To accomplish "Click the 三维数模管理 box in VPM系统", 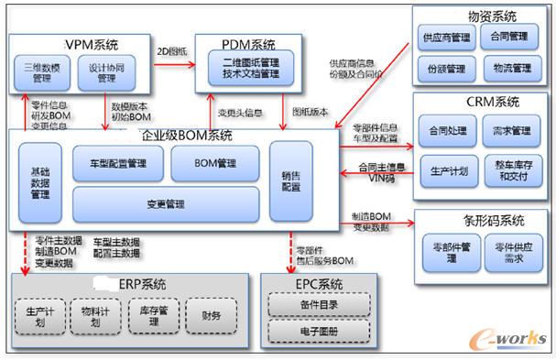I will pyautogui.click(x=41, y=72).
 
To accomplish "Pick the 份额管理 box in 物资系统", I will pyautogui.click(x=444, y=68).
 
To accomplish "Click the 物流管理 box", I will pyautogui.click(x=511, y=68).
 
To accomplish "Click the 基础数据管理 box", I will pyautogui.click(x=39, y=183).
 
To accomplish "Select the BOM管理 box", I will pyautogui.click(x=215, y=163).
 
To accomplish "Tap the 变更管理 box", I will pyautogui.click(x=165, y=203).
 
